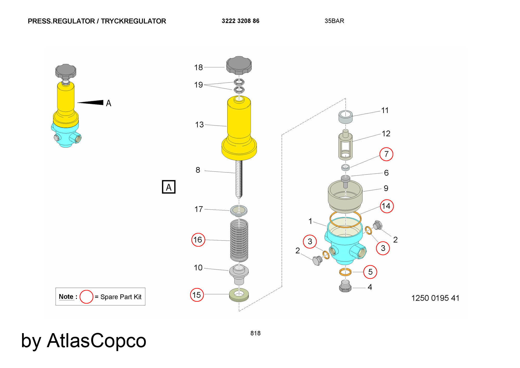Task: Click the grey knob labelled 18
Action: click(x=239, y=65)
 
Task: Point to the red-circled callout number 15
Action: click(x=197, y=295)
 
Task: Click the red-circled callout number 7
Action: click(x=386, y=154)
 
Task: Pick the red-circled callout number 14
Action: click(x=387, y=206)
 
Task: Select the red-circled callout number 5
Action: click(x=370, y=272)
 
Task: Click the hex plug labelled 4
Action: click(x=345, y=287)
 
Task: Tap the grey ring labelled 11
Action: click(x=345, y=117)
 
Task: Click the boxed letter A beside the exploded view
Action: click(x=169, y=187)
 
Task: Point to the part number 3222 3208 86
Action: click(x=240, y=21)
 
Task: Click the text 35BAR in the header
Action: click(x=334, y=21)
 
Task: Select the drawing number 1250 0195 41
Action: click(x=435, y=298)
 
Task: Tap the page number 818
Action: click(x=255, y=333)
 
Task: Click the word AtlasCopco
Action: click(x=96, y=340)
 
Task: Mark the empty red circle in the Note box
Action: click(x=86, y=297)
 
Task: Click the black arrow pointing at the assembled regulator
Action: click(x=91, y=103)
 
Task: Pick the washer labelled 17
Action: click(x=239, y=210)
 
